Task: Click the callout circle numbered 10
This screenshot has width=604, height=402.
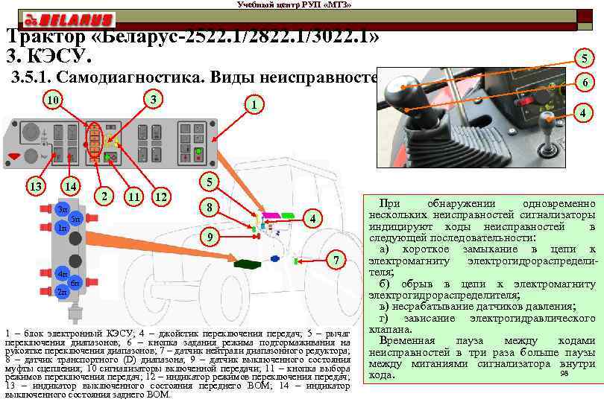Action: (51, 100)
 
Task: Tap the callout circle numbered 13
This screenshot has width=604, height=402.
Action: (34, 185)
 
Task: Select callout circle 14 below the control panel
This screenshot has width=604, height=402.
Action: (71, 185)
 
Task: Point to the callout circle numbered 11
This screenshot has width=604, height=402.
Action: (134, 197)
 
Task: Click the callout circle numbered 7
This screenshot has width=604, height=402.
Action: (337, 261)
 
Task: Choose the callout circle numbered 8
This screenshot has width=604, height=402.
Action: (211, 206)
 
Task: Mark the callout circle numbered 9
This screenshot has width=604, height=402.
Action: (211, 237)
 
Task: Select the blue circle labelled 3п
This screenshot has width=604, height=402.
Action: (62, 209)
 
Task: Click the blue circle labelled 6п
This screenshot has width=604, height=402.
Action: (75, 283)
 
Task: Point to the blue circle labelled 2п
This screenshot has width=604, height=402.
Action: (62, 292)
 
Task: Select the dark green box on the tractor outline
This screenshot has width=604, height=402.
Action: (246, 263)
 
